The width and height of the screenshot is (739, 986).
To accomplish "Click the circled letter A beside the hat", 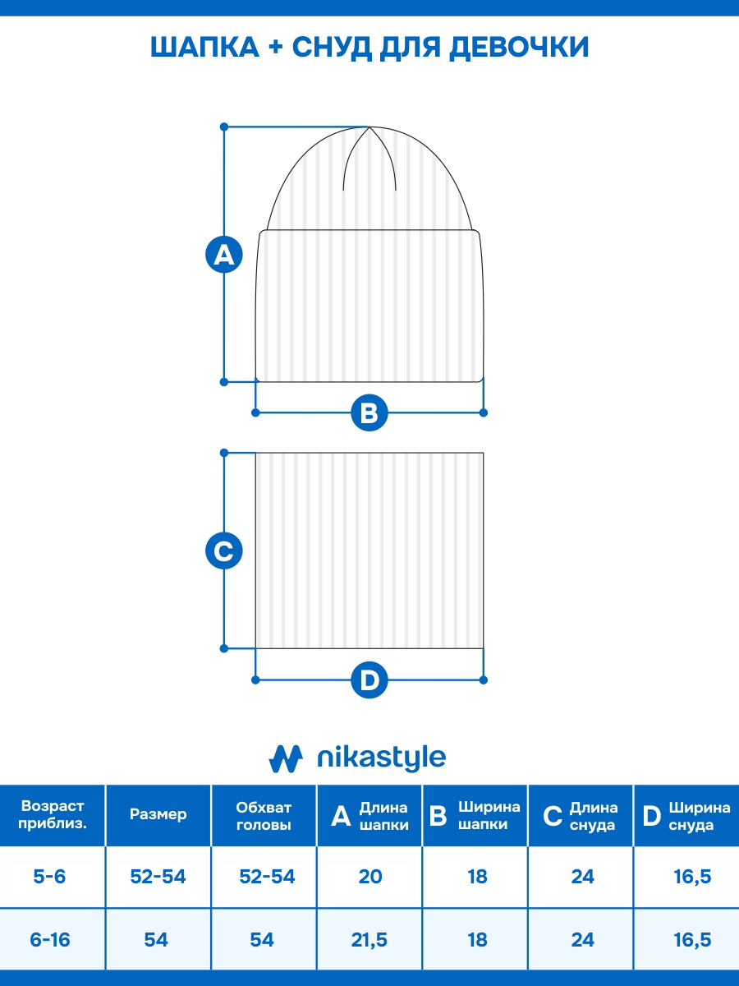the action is tap(224, 255).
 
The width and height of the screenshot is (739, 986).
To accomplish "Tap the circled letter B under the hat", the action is tap(369, 412).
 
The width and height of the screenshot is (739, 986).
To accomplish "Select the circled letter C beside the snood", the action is tap(224, 551).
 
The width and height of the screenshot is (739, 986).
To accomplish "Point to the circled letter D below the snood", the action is tap(369, 680).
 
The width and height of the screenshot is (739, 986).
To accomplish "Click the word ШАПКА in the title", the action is tap(204, 47).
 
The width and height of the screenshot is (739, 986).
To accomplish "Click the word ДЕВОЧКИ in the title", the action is tap(519, 47).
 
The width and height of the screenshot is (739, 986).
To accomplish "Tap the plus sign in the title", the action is tap(276, 47).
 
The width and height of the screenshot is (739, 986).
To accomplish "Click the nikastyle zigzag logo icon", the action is tap(286, 758).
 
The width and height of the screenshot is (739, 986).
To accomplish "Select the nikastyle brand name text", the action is tap(381, 758).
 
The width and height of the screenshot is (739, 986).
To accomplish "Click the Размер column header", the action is tap(158, 814).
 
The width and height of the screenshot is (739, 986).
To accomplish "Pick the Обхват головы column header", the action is tap(264, 816).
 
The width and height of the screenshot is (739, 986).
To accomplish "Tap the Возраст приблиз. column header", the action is tap(53, 815).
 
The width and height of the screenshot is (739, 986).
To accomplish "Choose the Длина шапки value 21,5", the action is tap(369, 940).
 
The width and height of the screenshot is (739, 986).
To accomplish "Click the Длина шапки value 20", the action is tap(370, 877).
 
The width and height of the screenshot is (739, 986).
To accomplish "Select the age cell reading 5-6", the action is tap(49, 877).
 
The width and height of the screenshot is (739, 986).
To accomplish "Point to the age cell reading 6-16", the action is tap(50, 940).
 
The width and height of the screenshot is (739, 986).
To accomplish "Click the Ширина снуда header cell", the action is tap(686, 816).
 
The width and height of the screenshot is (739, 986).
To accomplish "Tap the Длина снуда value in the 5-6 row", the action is tap(582, 877).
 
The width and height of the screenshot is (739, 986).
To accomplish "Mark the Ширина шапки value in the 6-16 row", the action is tap(477, 940).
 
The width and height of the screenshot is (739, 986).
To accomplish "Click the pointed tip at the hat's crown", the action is tap(369, 127).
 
